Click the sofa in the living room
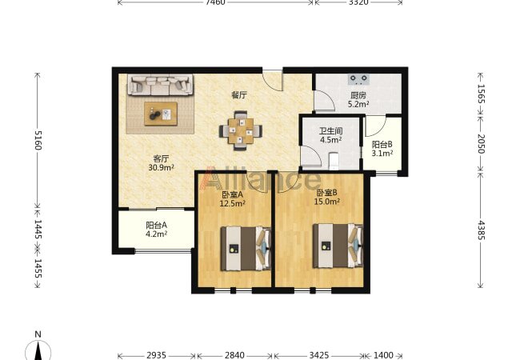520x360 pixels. pos(160,85)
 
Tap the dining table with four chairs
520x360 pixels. pos(241,130)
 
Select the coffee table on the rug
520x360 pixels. pos(161,114)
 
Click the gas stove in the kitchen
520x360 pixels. pos(358,79)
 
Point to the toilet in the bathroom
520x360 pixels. pos(334,161)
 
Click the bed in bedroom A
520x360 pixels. pos(246,249)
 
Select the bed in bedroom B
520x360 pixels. pos(338,246)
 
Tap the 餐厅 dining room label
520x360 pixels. pos(239,95)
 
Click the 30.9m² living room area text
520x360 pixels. pos(161,168)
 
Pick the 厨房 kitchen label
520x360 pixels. pos(358,95)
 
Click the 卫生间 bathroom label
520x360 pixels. pos(331,131)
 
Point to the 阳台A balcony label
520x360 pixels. pos(157,226)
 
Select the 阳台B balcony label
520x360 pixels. pos(382,145)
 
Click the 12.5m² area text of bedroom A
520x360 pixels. pos(233,203)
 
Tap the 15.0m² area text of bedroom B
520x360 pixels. pos(327,202)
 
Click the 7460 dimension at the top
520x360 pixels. pos(215,2)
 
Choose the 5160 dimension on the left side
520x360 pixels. pos(38,140)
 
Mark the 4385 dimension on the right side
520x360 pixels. pos(481,230)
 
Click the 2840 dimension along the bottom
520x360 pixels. pos(234,355)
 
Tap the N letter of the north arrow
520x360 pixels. pos(38,334)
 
